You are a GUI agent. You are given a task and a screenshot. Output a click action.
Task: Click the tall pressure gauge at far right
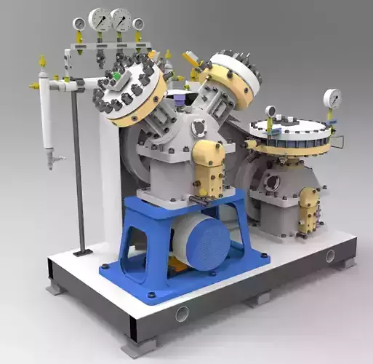[332, 98]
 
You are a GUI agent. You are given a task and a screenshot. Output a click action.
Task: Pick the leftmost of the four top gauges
[79, 25]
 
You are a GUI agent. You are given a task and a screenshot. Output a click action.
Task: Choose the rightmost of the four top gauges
[138, 25]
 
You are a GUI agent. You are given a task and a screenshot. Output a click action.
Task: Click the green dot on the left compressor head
[116, 75]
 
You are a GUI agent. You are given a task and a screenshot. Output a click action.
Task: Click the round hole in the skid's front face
[181, 313]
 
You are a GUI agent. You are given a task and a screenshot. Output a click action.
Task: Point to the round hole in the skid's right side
[330, 256]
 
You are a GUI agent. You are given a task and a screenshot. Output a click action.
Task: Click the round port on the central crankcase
[198, 127]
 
